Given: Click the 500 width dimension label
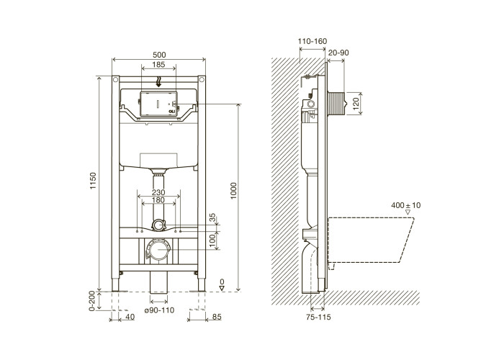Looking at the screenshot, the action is click(159, 55).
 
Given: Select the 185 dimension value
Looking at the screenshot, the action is click(158, 64).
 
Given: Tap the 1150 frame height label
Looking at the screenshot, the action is click(93, 181).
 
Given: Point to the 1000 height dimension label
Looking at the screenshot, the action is click(234, 191).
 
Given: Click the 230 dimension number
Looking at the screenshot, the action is click(158, 192).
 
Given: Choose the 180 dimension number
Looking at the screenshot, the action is click(158, 200).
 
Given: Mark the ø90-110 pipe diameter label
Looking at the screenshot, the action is click(159, 310).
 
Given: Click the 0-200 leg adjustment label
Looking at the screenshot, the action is click(92, 301).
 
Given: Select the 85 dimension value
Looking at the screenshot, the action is click(217, 317).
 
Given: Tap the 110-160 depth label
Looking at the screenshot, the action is click(312, 41).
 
